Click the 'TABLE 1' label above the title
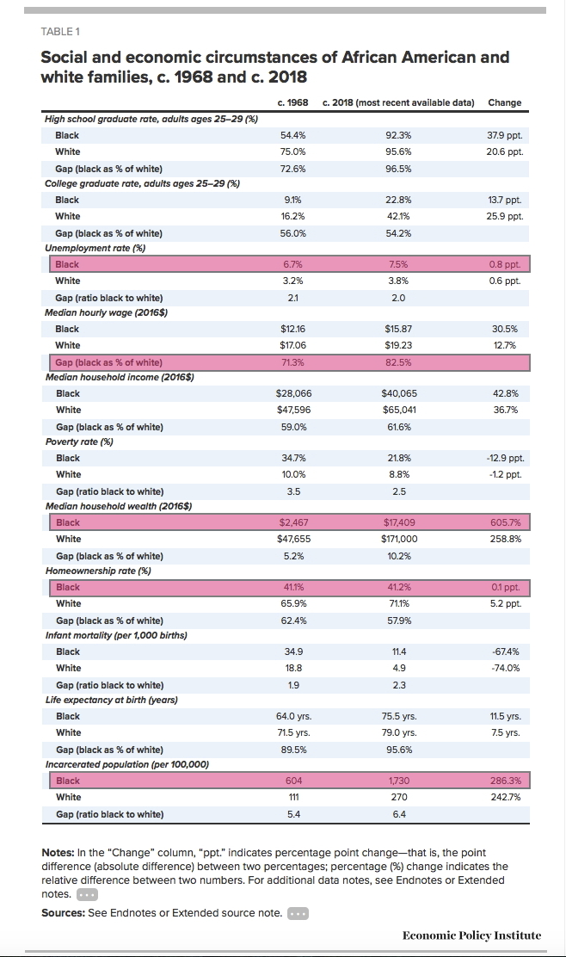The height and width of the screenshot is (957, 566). (x=60, y=32)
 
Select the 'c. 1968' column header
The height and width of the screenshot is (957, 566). (x=292, y=102)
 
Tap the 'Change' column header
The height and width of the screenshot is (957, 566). (x=504, y=102)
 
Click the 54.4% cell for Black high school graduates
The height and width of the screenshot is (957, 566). (x=292, y=135)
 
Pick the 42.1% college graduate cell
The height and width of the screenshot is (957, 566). (x=398, y=216)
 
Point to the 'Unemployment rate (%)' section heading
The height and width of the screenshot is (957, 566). (x=95, y=249)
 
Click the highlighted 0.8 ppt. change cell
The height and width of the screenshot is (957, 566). (x=504, y=264)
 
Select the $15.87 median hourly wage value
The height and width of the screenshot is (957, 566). (x=398, y=329)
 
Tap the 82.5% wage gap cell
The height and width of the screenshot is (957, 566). (x=398, y=362)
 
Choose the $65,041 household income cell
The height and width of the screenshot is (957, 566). (x=399, y=411)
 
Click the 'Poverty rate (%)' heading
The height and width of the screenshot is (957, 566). (x=79, y=441)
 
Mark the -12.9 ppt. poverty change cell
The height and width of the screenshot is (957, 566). (x=504, y=458)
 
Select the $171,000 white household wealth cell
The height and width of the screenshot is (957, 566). (x=399, y=539)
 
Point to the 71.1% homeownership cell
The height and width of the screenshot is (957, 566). (x=399, y=603)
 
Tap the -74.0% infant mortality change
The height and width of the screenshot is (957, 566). (x=506, y=669)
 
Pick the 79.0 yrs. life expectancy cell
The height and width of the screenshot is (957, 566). (x=399, y=732)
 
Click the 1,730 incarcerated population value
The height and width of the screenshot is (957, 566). (x=399, y=781)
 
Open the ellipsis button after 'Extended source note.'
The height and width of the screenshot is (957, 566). (x=298, y=914)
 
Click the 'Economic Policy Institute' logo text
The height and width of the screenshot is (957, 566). (x=471, y=935)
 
